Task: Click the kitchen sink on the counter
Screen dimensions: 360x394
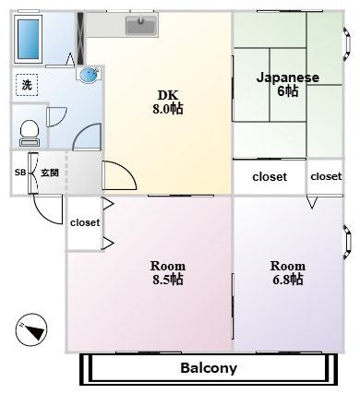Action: [x=140, y=26]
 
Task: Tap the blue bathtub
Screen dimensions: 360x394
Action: [x=28, y=39]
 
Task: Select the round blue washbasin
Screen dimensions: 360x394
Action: [x=89, y=75]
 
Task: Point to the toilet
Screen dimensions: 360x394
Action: [x=30, y=133]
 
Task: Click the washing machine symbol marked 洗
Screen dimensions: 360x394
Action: [x=27, y=85]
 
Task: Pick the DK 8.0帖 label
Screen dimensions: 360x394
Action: [x=168, y=102]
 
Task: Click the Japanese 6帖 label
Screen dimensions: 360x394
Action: [x=288, y=84]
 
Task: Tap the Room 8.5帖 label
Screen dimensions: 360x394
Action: [x=168, y=273]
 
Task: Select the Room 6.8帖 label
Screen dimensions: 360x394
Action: [x=288, y=273]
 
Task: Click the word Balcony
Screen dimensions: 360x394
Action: [x=209, y=368]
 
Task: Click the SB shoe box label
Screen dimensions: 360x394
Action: [x=20, y=173]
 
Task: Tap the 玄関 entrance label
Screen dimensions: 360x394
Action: [x=50, y=173]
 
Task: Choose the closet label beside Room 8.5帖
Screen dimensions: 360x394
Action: [x=85, y=222]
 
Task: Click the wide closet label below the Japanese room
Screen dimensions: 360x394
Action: [x=270, y=177]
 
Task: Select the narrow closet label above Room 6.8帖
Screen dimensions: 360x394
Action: [x=326, y=176]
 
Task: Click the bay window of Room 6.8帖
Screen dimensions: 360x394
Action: [x=347, y=242]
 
